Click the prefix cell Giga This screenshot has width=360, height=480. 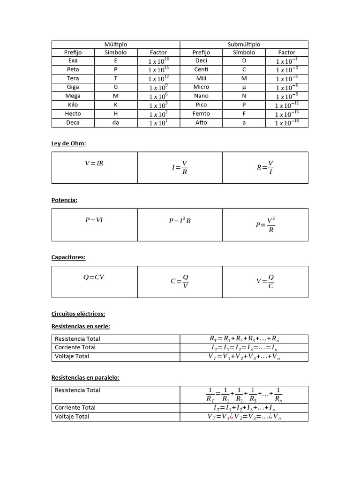click(x=73, y=87)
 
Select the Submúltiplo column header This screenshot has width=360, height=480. click(x=244, y=45)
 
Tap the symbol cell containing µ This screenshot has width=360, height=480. click(x=244, y=87)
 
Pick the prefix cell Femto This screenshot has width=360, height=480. click(x=202, y=114)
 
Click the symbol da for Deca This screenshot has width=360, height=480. click(x=116, y=123)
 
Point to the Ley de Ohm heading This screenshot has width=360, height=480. click(x=68, y=143)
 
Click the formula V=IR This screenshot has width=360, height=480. click(x=94, y=164)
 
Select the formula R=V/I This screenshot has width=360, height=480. click(x=265, y=167)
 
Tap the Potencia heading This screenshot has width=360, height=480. click(x=64, y=200)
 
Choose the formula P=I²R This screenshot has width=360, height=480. click(x=180, y=221)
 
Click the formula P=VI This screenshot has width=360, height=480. click(x=94, y=220)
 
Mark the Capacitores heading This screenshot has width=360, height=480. click(x=68, y=257)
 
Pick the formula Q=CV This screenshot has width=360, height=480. click(x=94, y=277)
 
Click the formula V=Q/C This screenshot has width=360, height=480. click(x=265, y=282)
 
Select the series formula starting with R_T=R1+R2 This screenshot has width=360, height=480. click(x=244, y=339)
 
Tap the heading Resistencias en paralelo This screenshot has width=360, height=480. click(x=85, y=377)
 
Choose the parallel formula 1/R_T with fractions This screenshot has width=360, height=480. click(x=244, y=395)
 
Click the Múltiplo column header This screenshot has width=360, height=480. click(x=116, y=45)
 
